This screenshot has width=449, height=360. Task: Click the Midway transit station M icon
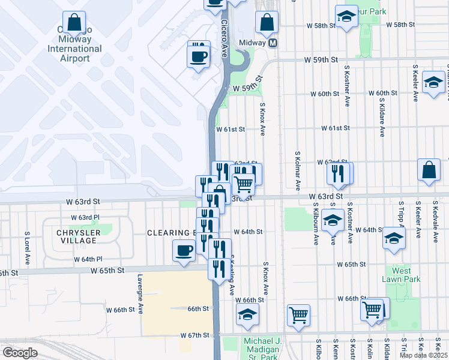pyautogui.click(x=273, y=44)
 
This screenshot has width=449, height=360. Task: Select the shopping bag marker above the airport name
pyautogui.click(x=74, y=24)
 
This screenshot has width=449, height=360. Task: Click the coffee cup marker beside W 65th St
pyautogui.click(x=184, y=251)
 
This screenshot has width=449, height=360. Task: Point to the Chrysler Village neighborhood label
pyautogui.click(x=76, y=236)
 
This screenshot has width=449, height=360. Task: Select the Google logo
pyautogui.click(x=19, y=353)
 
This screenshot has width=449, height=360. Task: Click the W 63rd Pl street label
pyautogui.click(x=85, y=217)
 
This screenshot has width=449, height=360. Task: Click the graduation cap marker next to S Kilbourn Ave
pyautogui.click(x=332, y=221)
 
